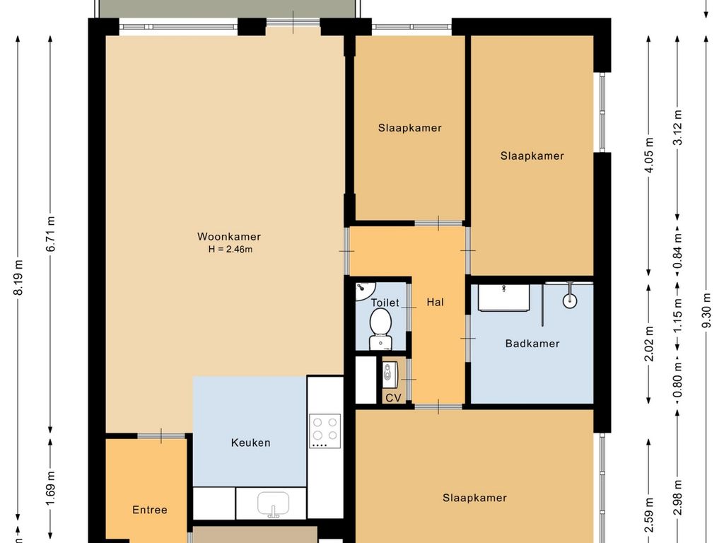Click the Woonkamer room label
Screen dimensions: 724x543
click(229, 237)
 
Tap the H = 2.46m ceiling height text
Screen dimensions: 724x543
click(230, 250)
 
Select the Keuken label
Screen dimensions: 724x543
click(251, 443)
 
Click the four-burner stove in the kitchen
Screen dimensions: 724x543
click(325, 431)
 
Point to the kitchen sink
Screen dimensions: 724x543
click(274, 504)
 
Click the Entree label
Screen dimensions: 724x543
click(150, 510)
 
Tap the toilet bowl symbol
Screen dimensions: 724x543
click(380, 329)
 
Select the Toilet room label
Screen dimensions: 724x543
click(385, 303)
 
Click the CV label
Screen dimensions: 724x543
click(393, 397)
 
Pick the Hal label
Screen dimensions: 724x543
click(436, 303)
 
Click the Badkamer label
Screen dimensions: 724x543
click(532, 344)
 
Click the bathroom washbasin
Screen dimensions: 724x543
click(503, 298)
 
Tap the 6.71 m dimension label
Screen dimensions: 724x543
click(51, 234)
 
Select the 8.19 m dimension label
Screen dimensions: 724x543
click(18, 277)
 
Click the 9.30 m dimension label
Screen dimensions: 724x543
click(706, 310)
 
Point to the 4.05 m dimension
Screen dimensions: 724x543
click(649, 156)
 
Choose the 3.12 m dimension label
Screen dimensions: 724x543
click(678, 127)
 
